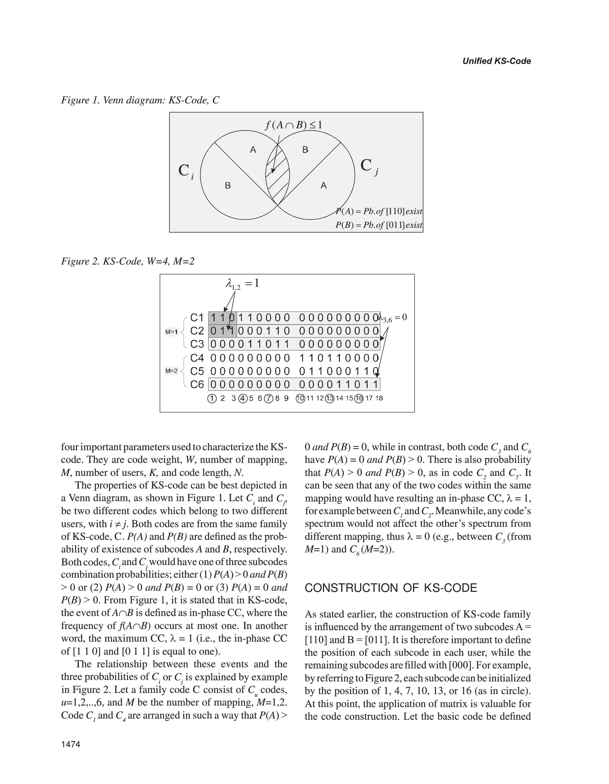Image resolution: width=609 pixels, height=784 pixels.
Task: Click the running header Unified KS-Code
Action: click(496, 61)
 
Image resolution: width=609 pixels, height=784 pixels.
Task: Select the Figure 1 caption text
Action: click(140, 100)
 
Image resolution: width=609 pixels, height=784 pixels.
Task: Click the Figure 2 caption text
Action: click(128, 261)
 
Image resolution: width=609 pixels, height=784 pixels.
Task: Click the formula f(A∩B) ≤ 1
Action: click(293, 125)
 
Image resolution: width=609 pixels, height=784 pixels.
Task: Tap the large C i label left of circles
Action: click(186, 171)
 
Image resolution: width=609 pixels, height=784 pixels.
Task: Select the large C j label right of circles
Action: click(369, 166)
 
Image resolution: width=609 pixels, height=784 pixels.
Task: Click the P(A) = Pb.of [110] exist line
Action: click(379, 211)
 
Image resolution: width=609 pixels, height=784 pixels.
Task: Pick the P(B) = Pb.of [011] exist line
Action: click(379, 225)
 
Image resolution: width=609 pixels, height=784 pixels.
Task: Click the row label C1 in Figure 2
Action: click(197, 318)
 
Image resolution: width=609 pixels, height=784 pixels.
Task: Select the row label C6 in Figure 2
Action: click(197, 384)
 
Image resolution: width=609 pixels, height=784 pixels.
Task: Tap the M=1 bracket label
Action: click(171, 332)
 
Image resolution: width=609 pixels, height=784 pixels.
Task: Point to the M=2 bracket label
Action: click(171, 371)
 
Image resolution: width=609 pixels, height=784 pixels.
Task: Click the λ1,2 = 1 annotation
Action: click(243, 284)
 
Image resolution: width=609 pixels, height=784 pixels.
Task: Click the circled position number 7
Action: click(269, 399)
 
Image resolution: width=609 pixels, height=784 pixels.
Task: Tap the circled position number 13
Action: click(330, 399)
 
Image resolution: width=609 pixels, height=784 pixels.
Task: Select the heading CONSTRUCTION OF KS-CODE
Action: click(391, 588)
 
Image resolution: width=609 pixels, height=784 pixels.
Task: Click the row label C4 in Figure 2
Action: click(197, 358)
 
